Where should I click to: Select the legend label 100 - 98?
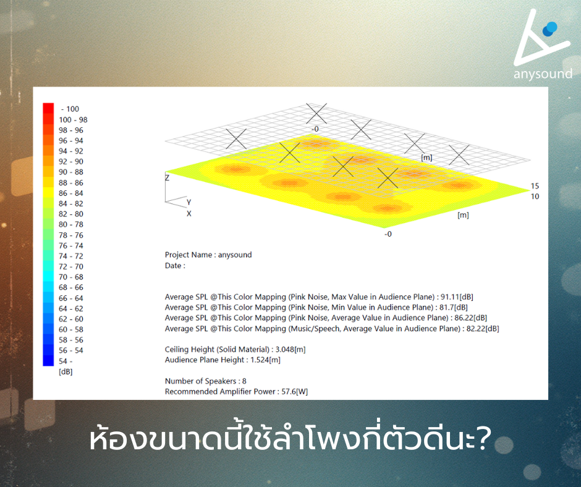(x=73, y=120)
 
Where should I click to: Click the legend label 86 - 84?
(x=70, y=193)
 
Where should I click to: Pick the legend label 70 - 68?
(x=70, y=277)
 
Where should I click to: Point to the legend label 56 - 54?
(x=70, y=350)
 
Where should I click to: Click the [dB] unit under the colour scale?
(x=66, y=371)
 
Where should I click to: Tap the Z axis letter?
(x=168, y=177)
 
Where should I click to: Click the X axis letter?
(x=189, y=213)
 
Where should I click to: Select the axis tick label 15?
(x=535, y=186)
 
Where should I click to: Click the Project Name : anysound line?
(x=208, y=255)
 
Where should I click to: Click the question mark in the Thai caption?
(x=483, y=439)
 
